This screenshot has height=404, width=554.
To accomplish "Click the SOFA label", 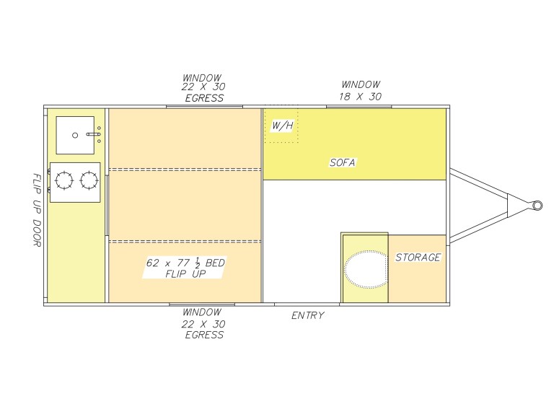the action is coord(343,162).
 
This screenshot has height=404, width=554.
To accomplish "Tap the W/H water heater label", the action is coord(282,126).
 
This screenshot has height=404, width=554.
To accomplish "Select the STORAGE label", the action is coord(418,258).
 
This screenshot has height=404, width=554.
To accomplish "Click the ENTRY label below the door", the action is coord(308,315).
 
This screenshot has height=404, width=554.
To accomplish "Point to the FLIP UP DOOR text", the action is coord(37,210).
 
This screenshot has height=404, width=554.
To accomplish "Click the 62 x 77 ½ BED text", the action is coord(185,263).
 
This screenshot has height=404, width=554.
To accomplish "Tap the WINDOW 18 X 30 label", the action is coord(361,90).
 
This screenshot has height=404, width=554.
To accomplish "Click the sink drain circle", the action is coord(75,136).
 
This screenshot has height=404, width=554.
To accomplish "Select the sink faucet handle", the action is coord(93,134).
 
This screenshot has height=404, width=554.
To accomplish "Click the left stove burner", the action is coord(64,180).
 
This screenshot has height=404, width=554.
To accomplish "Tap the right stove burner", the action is coord(89,180).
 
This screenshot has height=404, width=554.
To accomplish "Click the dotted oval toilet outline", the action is coord(366,269).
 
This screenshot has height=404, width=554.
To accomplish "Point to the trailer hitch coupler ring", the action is coord(537,205).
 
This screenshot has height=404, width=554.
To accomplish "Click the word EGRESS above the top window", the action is coord(204,98).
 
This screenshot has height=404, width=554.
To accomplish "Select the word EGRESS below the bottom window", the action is coord(204,335).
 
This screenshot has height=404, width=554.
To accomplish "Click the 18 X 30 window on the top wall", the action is coord(359,106).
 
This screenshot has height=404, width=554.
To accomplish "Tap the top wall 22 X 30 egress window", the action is coord(204,106).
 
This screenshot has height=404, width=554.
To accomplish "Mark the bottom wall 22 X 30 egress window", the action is coord(202,304).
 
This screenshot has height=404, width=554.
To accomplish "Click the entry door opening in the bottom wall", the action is coord(307,304).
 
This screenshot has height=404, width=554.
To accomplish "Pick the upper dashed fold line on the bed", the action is coord(185,170).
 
